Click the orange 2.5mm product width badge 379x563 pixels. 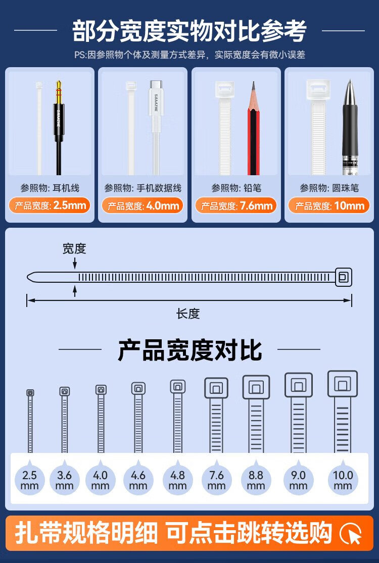coord(50,206)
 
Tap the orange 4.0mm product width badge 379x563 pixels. coord(143,206)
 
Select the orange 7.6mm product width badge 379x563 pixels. coord(236,206)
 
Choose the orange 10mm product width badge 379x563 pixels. coord(329,206)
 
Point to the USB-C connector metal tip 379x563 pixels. coord(156,85)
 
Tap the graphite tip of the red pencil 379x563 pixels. coord(253,86)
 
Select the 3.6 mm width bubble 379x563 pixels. coord(64,480)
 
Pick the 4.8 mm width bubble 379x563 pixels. coord(177,480)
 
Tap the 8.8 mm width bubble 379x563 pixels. coord(256,480)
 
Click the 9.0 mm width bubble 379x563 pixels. coord(298,480)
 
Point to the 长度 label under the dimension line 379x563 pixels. coord(188,314)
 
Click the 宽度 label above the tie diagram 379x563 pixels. coord(74,248)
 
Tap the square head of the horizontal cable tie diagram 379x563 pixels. coord(344,277)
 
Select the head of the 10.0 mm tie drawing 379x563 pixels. coord(342,384)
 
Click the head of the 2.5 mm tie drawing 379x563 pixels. coord(30,393)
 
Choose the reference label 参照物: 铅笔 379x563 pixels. coord(236,188)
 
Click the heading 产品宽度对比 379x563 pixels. coord(189,350)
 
